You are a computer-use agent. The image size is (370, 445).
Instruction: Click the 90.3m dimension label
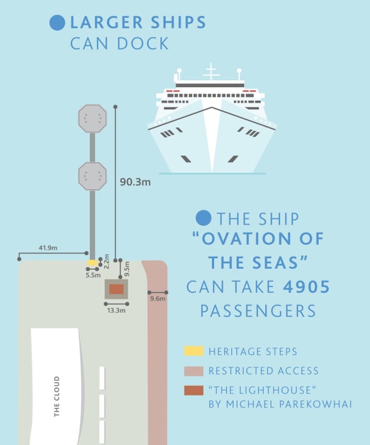[135, 182]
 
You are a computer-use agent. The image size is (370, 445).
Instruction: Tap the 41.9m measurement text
[48, 248]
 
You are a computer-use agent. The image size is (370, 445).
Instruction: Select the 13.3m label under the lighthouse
[116, 310]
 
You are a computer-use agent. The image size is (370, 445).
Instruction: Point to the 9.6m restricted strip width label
[157, 299]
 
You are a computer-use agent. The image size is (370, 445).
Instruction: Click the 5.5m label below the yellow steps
[93, 275]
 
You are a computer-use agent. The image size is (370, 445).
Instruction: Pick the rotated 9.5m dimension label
[127, 268]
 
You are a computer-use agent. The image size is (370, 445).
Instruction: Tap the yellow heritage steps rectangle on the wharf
[92, 263]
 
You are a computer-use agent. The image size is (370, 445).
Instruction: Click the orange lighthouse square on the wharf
[116, 289]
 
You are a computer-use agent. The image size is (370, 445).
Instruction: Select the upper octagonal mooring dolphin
[92, 118]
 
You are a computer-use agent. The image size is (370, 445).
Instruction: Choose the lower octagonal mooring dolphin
[92, 176]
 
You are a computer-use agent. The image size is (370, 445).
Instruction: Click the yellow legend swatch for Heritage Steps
[193, 351]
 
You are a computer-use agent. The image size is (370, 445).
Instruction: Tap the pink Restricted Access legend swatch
[193, 371]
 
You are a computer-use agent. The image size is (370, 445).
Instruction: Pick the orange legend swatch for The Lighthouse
[193, 390]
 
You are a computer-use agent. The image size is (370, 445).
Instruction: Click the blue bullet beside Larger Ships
[57, 22]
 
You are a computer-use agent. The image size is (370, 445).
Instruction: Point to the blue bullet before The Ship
[204, 218]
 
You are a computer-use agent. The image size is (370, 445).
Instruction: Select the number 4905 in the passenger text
[306, 286]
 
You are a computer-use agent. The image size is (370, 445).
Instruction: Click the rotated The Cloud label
[57, 396]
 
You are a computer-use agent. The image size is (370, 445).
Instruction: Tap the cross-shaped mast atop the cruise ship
[211, 72]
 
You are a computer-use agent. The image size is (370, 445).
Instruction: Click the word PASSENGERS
[258, 311]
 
